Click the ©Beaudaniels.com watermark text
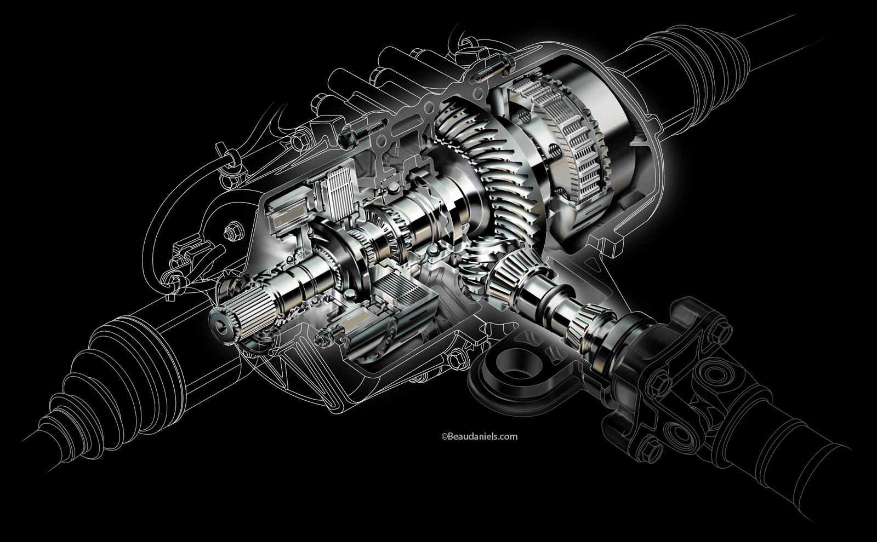coord(479,436)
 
